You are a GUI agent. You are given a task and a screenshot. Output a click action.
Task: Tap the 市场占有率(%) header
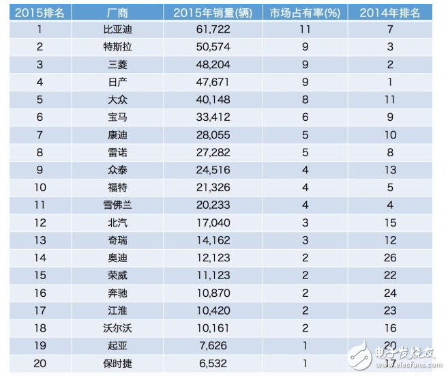tap(306, 12)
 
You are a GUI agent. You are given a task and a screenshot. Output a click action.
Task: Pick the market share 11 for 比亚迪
tap(306, 30)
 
